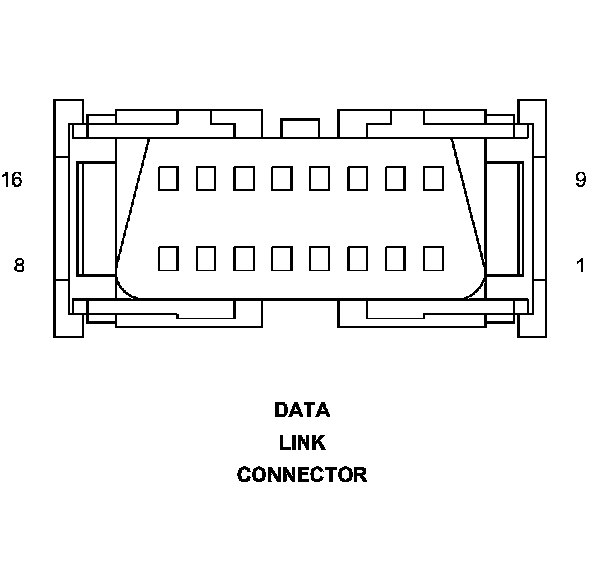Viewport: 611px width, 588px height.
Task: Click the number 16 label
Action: coord(12,180)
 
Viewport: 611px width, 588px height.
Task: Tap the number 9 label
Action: coord(580,180)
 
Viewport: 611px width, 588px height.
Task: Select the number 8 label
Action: coord(18,265)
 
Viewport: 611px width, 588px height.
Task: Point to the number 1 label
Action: coord(580,265)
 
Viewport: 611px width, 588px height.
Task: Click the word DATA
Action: coord(302,410)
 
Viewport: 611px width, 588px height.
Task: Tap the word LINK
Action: coord(302,443)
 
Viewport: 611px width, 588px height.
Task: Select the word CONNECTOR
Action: coord(302,476)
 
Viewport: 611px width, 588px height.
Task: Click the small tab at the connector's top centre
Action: coord(300,128)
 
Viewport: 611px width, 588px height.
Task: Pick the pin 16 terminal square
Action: coord(167,177)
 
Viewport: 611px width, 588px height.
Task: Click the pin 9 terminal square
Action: coord(433,177)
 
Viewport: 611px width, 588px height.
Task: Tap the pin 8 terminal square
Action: coord(167,258)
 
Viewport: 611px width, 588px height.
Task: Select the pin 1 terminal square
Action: coord(433,258)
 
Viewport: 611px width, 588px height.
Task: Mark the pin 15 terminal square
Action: coord(206,177)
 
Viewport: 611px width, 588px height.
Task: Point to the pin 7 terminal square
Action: coord(206,258)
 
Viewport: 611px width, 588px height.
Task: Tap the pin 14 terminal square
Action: coord(244,177)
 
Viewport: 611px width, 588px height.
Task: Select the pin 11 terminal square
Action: coord(357,177)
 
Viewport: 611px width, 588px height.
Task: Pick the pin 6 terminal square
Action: coord(244,258)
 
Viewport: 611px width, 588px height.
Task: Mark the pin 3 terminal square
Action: coord(357,258)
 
